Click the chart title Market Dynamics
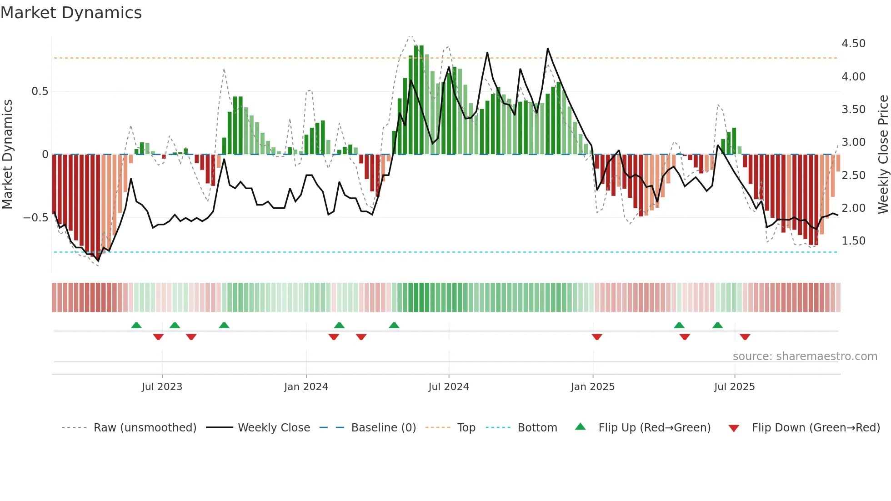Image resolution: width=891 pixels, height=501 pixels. (71, 13)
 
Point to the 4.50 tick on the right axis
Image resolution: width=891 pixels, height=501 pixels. (853, 44)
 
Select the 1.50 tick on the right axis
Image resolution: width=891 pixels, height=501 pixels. (853, 241)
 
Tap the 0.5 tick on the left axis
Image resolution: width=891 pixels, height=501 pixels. (40, 91)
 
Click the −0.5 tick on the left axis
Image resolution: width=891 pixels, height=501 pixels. (36, 218)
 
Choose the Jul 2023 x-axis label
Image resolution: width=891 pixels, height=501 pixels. (162, 387)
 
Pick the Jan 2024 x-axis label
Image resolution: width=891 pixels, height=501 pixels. (306, 387)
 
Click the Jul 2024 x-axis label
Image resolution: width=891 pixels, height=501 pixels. (448, 387)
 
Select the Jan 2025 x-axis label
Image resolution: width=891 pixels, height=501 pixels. (592, 387)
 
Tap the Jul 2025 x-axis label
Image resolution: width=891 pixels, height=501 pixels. (734, 387)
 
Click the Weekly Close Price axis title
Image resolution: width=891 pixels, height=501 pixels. (883, 155)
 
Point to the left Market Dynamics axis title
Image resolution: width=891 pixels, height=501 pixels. (7, 155)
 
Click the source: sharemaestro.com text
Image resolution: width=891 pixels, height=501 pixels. (805, 356)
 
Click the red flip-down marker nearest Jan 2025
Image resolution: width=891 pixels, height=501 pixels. (597, 337)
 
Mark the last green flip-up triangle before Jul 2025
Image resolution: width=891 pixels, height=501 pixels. (717, 325)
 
